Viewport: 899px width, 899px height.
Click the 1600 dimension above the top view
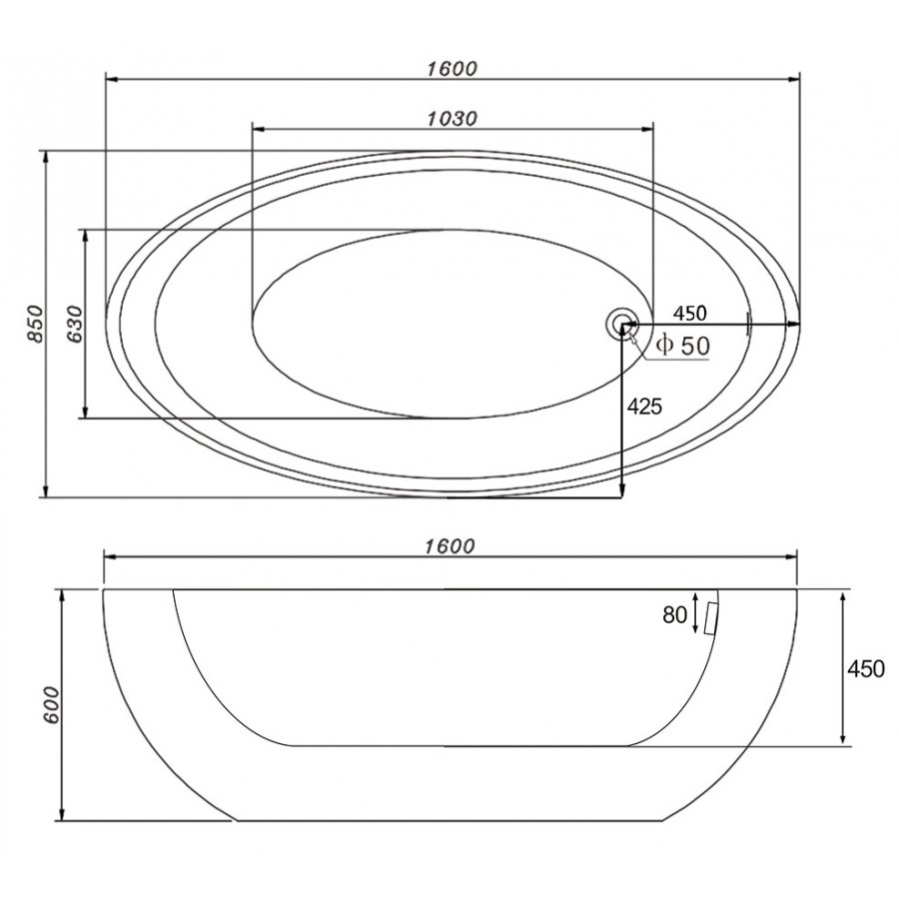[451, 69]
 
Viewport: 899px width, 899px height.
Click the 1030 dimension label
[452, 119]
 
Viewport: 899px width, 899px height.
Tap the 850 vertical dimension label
[36, 325]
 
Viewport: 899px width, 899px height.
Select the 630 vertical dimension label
[75, 325]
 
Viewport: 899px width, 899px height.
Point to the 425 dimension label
[644, 407]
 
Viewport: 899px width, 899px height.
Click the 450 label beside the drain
[689, 314]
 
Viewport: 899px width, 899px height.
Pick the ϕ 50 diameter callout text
[682, 346]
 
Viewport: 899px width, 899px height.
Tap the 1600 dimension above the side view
[450, 546]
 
